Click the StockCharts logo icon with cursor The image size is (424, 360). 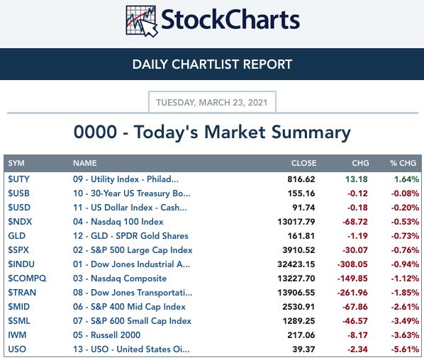coord(141,21)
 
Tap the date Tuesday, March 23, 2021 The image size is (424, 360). coord(212,103)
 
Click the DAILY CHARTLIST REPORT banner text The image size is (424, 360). coord(212,64)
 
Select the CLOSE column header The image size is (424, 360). coord(303,163)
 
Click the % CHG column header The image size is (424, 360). coord(403,163)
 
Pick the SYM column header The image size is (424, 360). coord(16,163)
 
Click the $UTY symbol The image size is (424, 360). coord(18,179)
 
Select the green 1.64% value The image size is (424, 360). coord(406,179)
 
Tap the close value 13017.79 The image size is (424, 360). coord(296,222)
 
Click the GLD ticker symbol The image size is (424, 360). coord(17,236)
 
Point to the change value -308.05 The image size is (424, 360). coord(352,264)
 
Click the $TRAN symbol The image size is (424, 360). coord(22,293)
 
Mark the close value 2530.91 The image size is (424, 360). coord(299,307)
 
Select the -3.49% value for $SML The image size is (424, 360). coord(405,321)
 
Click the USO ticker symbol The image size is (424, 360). coord(17,349)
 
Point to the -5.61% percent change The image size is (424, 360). coord(405,349)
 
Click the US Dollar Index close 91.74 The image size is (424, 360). coord(303,208)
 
